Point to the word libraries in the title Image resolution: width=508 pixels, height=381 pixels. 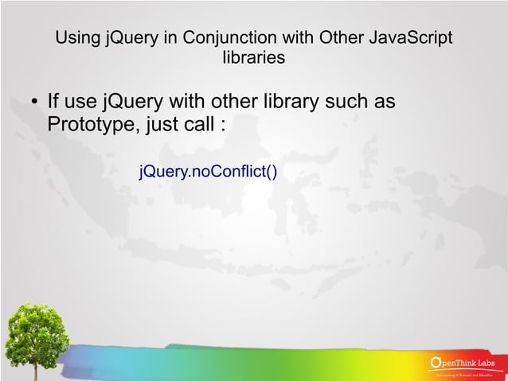pyautogui.click(x=254, y=58)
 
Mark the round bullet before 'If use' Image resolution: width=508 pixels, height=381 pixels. pyautogui.click(x=33, y=103)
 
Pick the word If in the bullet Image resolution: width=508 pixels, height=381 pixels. pyautogui.click(x=53, y=103)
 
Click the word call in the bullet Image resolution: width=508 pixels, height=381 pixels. pyautogui.click(x=197, y=125)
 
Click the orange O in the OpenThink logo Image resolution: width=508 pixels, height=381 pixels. pyautogui.click(x=435, y=364)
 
